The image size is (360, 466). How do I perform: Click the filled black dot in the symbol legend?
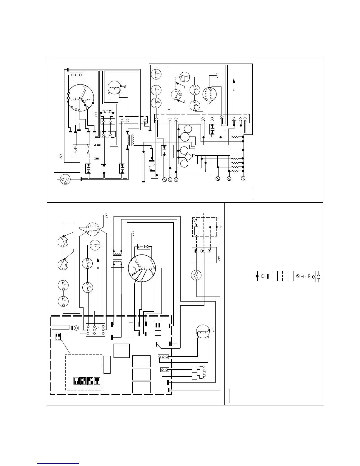click(x=257, y=276)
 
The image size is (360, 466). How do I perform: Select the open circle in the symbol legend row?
click(x=263, y=276)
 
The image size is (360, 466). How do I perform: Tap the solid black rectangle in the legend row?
click(x=268, y=276)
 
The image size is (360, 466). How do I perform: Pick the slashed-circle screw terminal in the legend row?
click(x=298, y=276)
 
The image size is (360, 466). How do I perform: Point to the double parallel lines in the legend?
click(x=293, y=276)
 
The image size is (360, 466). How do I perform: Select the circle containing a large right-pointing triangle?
click(x=194, y=276)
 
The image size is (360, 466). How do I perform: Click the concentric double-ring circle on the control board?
click(x=76, y=327)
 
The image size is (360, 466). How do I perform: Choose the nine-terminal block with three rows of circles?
click(x=95, y=330)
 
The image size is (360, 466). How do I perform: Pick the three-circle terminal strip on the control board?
click(x=164, y=357)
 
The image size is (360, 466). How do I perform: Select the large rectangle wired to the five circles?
click(x=212, y=150)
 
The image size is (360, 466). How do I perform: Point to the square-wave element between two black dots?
click(x=106, y=112)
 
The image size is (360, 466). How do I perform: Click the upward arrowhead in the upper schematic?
click(x=234, y=81)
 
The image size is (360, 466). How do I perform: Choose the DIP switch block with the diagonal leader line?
click(x=58, y=336)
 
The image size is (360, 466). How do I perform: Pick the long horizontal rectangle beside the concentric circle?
click(x=61, y=327)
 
